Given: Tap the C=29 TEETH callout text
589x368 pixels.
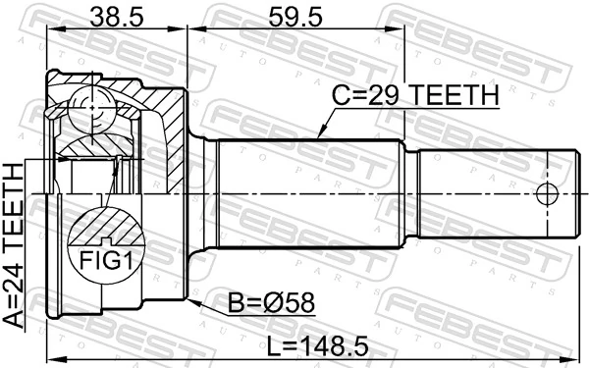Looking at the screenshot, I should click(x=415, y=96).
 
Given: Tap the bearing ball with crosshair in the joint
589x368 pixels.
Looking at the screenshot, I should click(x=90, y=106).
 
